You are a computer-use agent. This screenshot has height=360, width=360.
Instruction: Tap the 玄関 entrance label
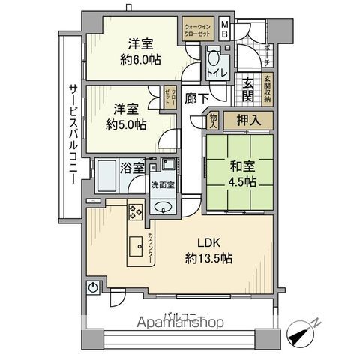coord(248,88)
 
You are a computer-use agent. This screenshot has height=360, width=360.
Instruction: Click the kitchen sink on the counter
coord(137,244)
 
